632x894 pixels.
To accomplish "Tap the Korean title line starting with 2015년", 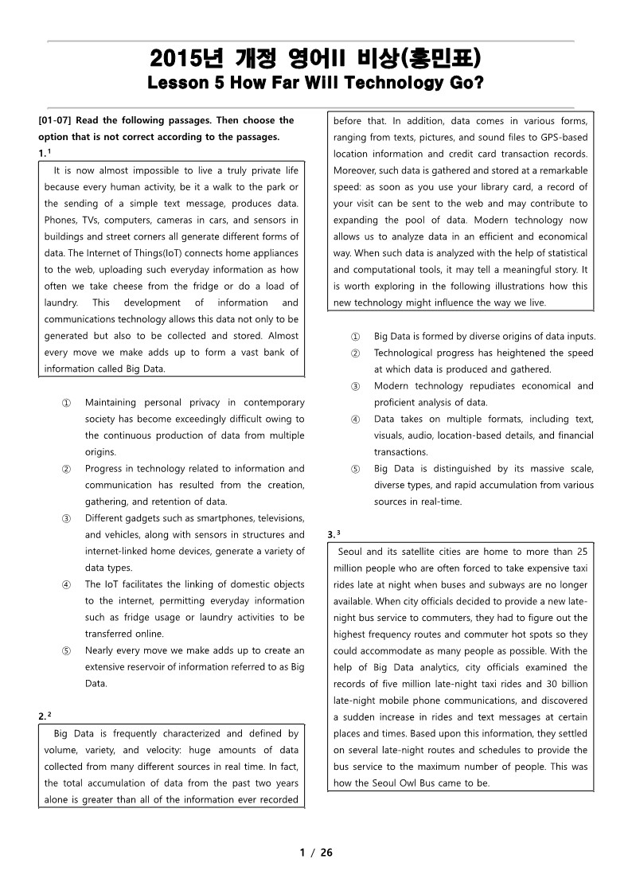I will pyautogui.click(x=315, y=59).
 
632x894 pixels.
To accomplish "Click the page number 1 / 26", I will pyautogui.click(x=316, y=853).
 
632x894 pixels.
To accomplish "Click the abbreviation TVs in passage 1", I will pyautogui.click(x=93, y=220).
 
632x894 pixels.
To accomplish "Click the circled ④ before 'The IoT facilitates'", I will pyautogui.click(x=66, y=584).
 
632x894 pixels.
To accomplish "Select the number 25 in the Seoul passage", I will pyautogui.click(x=581, y=551).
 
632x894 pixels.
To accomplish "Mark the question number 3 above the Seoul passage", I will pyautogui.click(x=331, y=535).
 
